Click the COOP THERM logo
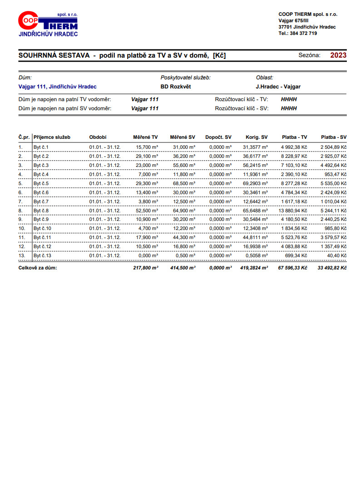pyautogui.click(x=48, y=24)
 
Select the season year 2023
pyautogui.click(x=338, y=55)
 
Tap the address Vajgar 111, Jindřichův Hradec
pyautogui.click(x=57, y=87)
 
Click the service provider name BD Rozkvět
pyautogui.click(x=176, y=87)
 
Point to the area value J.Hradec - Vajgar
pyautogui.click(x=278, y=87)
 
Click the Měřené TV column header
pyautogui.click(x=145, y=137)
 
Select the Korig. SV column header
pyautogui.click(x=256, y=137)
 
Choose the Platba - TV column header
pyautogui.click(x=294, y=137)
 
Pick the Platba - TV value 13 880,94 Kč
pyautogui.click(x=291, y=210)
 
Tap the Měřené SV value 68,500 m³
pyautogui.click(x=184, y=183)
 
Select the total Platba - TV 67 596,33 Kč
pyautogui.click(x=291, y=268)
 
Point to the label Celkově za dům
pyautogui.click(x=38, y=268)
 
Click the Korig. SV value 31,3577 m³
pyautogui.click(x=255, y=147)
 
